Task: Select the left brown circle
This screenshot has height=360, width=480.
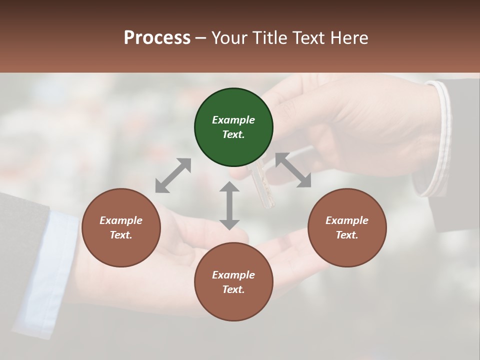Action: (x=121, y=227)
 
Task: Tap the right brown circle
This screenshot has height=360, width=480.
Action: (x=347, y=227)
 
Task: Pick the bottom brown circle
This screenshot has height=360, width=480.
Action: (x=233, y=282)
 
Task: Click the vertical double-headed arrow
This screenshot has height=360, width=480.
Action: (x=229, y=205)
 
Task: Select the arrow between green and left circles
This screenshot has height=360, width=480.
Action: (x=173, y=175)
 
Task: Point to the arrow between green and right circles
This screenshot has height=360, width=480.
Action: (x=293, y=170)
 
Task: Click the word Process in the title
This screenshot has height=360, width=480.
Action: (x=157, y=37)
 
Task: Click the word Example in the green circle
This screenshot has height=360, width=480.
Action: (x=233, y=120)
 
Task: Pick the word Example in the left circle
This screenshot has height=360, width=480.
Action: (x=121, y=220)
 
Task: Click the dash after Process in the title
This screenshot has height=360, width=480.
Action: (x=201, y=38)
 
